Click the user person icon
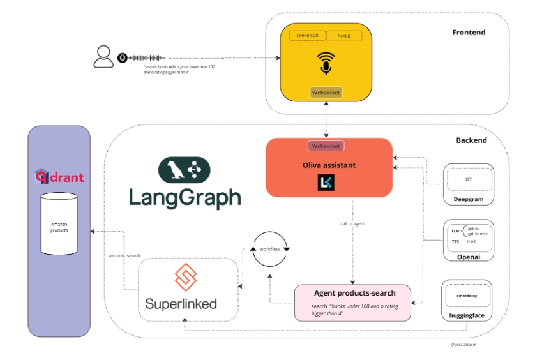click(103, 56)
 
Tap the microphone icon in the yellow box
click(326, 63)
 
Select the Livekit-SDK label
click(308, 36)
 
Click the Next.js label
click(343, 36)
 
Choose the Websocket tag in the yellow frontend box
click(326, 93)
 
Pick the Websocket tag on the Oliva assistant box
click(326, 146)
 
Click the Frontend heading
click(469, 32)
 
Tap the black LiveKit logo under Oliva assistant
click(326, 184)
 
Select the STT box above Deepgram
click(469, 179)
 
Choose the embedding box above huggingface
click(467, 296)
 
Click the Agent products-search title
click(354, 293)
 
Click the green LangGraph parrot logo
click(185, 170)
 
